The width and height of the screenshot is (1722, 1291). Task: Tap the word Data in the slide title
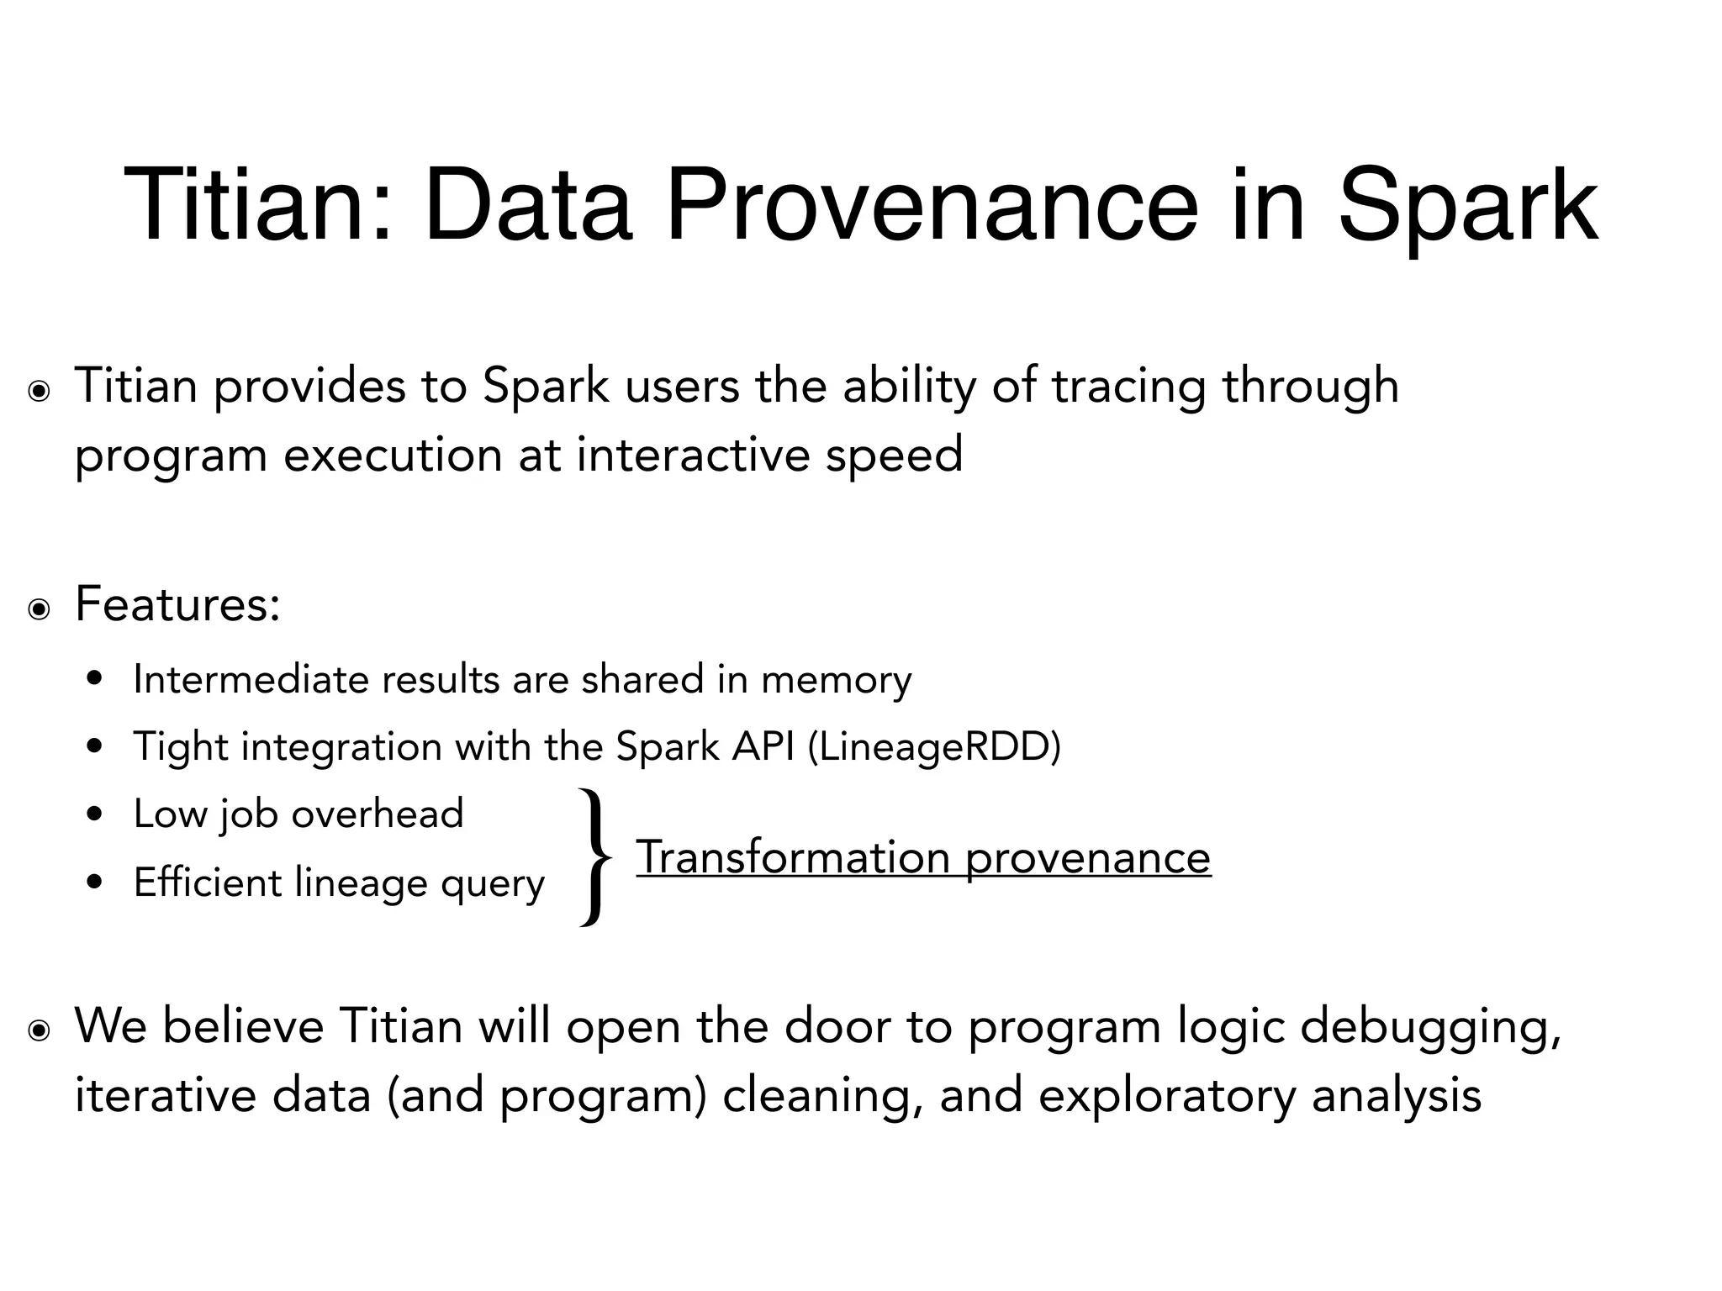coord(527,206)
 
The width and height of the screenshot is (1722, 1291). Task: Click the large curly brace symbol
coord(595,857)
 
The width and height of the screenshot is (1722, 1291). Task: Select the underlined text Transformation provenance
coord(923,858)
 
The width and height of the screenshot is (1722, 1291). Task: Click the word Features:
coord(177,603)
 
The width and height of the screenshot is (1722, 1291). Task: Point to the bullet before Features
coord(38,609)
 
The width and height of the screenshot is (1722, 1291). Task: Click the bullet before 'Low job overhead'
coord(95,814)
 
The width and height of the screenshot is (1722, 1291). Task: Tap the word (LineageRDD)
coord(934,746)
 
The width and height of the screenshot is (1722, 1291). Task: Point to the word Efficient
coord(207,883)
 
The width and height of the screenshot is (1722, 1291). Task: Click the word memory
coord(836,679)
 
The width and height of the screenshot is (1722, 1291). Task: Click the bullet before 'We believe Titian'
coord(38,1031)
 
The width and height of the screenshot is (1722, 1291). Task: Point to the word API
coord(763,746)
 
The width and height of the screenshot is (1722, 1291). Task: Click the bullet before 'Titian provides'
coord(38,392)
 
